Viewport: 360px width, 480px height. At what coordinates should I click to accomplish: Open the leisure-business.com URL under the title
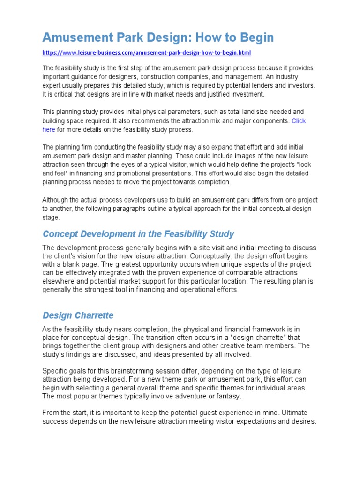(x=150, y=53)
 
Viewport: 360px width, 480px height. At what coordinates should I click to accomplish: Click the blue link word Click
(x=299, y=120)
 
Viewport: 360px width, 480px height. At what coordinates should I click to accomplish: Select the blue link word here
(x=49, y=129)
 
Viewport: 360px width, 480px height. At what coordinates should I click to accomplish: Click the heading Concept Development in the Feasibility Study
(x=138, y=233)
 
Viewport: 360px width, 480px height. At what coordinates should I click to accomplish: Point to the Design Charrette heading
(x=78, y=315)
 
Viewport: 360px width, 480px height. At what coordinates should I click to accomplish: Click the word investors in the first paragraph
(x=288, y=85)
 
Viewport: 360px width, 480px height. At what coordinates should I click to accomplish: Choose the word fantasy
(x=226, y=396)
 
